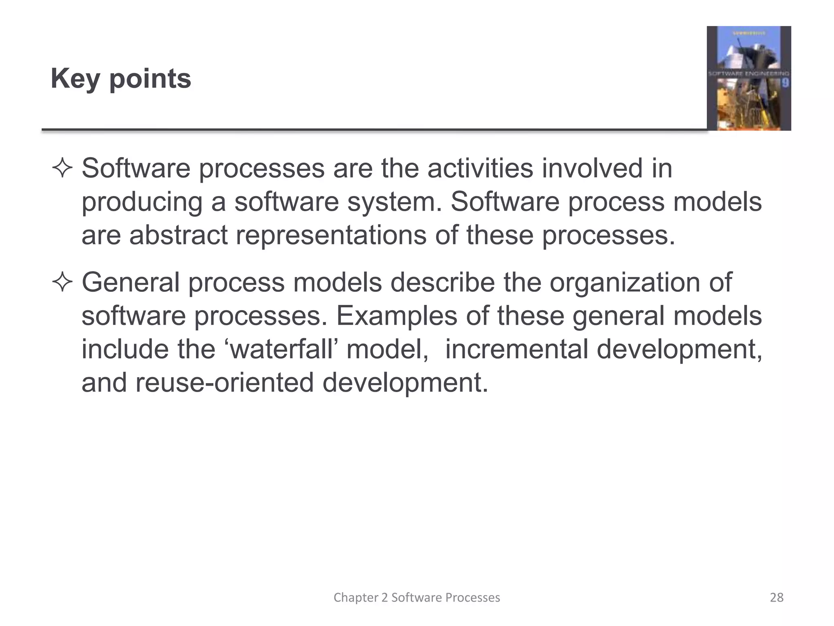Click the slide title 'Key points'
pos(121,78)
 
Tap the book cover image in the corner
pos(748,78)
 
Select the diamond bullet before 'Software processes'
pos(62,168)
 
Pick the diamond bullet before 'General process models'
pos(62,282)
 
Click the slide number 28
pos(777,597)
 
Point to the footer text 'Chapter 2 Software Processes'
pos(417,597)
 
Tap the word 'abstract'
pos(178,235)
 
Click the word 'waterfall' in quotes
pos(282,349)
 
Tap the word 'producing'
pos(142,203)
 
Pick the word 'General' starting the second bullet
pos(131,282)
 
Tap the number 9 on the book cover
pos(785,83)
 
